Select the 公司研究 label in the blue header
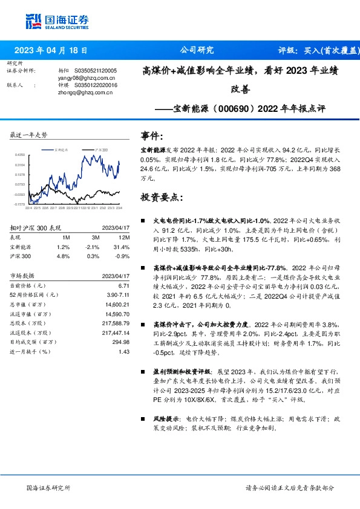point(197,50)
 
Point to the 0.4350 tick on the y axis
point(20,155)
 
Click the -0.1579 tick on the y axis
point(20,205)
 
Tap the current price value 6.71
point(124,285)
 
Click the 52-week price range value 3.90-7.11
point(118,294)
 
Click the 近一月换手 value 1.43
point(124,351)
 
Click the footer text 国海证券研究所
point(49,488)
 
